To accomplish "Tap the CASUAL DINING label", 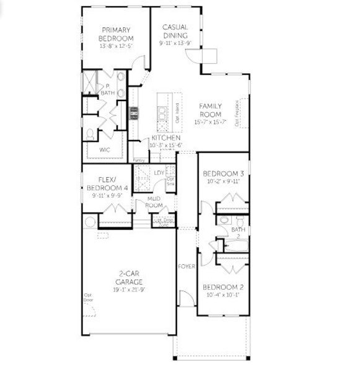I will pyautogui.click(x=175, y=31).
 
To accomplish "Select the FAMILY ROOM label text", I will pyautogui.click(x=210, y=110).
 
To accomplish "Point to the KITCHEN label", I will pyautogui.click(x=165, y=138).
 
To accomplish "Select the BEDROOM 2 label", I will pyautogui.click(x=221, y=288).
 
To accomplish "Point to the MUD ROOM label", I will pyautogui.click(x=154, y=201).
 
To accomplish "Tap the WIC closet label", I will pyautogui.click(x=106, y=150).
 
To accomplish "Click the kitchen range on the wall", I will pyautogui.click(x=133, y=113).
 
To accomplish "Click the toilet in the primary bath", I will pyautogui.click(x=90, y=133).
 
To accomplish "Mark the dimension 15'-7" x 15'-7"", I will pyautogui.click(x=210, y=122).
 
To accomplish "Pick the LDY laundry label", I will pyautogui.click(x=159, y=173).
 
